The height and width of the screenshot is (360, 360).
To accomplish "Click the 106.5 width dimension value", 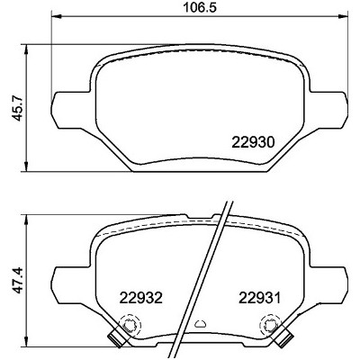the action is (x=200, y=8).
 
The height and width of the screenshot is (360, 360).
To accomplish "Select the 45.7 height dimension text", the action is (x=19, y=108).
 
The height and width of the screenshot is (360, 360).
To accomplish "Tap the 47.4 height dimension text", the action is (x=19, y=280).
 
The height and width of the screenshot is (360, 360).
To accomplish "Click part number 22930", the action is (x=253, y=142).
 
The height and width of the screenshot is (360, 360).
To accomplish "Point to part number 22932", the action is (x=140, y=298).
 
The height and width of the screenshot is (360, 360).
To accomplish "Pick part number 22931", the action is (x=259, y=298).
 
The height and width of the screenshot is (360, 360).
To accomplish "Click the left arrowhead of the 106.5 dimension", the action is (x=57, y=16).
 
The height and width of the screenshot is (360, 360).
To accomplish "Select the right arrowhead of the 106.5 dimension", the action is (x=343, y=16).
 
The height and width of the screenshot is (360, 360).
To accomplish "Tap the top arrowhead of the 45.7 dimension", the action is (x=27, y=50).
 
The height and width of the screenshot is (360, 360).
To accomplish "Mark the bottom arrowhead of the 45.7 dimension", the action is (x=27, y=166).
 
